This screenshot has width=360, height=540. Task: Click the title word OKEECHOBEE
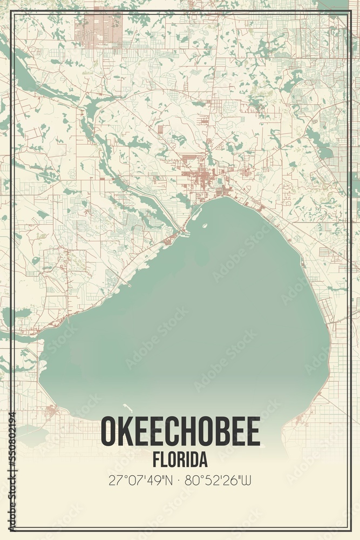click(180, 432)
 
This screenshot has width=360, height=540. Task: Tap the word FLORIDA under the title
click(180, 460)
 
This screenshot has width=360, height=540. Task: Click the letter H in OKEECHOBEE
click(189, 432)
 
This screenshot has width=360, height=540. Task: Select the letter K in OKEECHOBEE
click(126, 432)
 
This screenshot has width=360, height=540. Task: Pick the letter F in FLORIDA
click(156, 460)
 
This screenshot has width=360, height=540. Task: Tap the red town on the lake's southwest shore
click(51, 413)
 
